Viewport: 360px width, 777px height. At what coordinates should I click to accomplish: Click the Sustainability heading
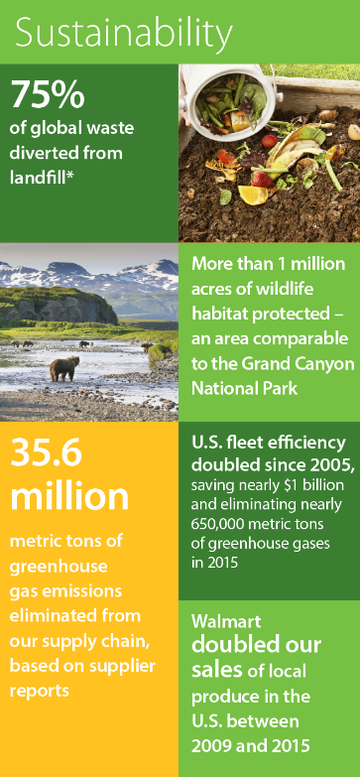click(124, 32)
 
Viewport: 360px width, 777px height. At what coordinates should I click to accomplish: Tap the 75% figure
click(48, 94)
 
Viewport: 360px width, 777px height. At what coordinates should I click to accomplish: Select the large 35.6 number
click(46, 453)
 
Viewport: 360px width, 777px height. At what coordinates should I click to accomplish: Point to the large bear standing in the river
click(63, 369)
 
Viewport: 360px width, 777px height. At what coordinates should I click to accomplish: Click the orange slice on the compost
click(253, 194)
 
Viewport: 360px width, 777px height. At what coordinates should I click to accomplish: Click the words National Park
click(245, 389)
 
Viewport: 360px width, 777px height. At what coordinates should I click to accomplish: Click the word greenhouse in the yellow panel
click(59, 567)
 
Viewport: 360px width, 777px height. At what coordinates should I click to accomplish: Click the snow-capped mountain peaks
click(89, 274)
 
